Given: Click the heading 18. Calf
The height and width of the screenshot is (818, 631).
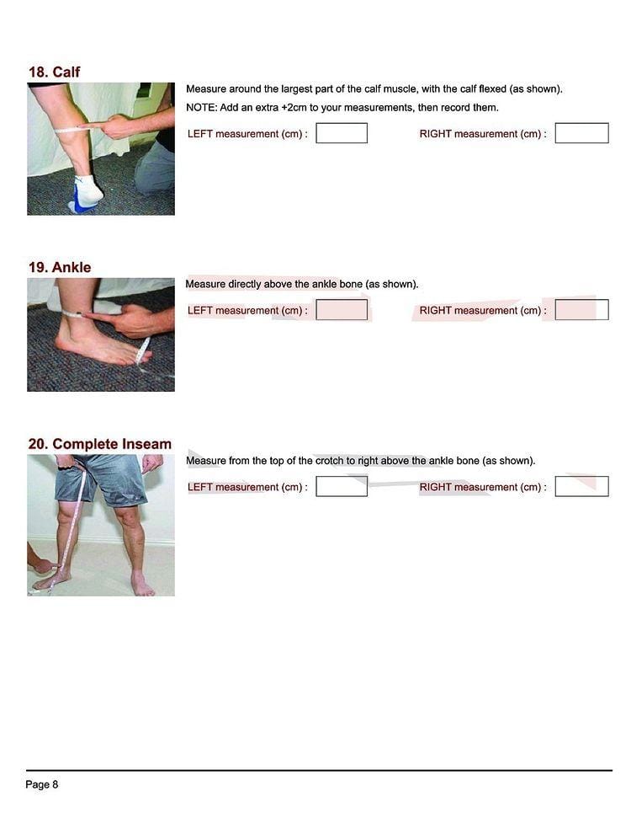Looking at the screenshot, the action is [54, 72].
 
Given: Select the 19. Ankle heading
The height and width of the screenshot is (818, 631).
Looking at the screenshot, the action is [60, 267].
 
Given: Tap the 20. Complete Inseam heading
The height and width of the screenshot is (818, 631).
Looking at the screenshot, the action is [99, 444].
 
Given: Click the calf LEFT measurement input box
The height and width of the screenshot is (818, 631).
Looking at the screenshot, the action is [342, 133].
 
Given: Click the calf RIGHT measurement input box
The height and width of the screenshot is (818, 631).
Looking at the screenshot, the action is [581, 133].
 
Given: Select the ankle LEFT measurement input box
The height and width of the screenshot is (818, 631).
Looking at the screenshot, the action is [342, 310].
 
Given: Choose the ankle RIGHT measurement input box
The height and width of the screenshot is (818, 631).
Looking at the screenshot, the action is [581, 310].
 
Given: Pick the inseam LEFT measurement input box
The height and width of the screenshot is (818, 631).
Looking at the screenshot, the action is [342, 486].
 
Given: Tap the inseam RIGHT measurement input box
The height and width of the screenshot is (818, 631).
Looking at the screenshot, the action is [581, 486].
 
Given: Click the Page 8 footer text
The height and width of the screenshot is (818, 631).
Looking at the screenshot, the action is [42, 784].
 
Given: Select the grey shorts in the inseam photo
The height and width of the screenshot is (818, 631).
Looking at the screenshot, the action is [103, 479].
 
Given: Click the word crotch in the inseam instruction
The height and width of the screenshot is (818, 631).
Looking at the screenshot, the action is [329, 461].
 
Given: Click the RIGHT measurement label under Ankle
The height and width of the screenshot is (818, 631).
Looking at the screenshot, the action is [483, 310].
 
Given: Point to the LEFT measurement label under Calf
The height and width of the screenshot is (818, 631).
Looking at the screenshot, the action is [247, 134].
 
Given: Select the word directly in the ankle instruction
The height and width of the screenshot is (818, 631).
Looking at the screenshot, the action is [245, 284].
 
